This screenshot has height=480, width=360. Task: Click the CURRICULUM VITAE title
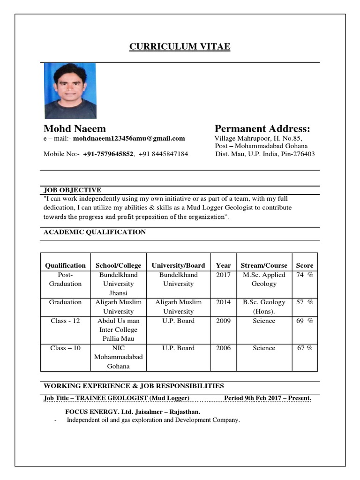tap(180, 46)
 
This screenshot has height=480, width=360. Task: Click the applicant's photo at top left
tap(70, 90)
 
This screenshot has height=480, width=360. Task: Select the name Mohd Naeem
tap(75, 128)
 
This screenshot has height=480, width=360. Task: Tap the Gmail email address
tap(129, 138)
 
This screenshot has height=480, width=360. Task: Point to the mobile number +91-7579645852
tap(108, 154)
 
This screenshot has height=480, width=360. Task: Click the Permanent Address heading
tap(262, 128)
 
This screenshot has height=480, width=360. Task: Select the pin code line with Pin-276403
tap(265, 154)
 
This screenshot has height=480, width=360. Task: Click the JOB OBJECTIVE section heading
tap(72, 190)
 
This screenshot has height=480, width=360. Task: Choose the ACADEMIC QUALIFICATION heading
tap(95, 232)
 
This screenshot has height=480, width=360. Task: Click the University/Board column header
tap(178, 265)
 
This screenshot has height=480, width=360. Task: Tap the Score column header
tap(304, 265)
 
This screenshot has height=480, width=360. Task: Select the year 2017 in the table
tap(223, 275)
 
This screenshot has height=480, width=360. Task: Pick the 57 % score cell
tap(304, 302)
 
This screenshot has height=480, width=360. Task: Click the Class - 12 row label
tap(65, 321)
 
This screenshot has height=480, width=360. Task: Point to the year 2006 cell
tap(223, 348)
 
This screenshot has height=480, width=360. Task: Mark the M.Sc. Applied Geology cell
tap(264, 279)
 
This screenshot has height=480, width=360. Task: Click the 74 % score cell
tap(304, 275)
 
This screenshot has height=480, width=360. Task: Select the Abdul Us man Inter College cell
tap(118, 330)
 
